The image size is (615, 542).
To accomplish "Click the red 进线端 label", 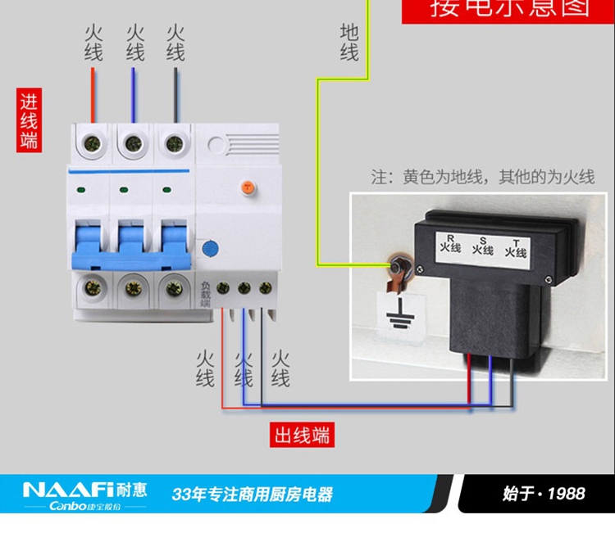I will [30, 120].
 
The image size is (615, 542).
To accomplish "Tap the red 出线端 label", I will [303, 435].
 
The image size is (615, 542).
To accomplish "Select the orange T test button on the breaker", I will [245, 187].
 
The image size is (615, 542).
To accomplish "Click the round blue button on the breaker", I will [210, 247].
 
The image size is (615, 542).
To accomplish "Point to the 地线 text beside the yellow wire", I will [349, 43].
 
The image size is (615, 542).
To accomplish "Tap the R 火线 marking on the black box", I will [450, 242].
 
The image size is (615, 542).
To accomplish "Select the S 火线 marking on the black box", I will [483, 246].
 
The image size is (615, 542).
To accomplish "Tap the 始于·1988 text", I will [544, 493].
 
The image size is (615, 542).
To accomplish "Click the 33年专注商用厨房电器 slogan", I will [252, 495].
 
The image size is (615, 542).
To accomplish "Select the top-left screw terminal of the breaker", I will [91, 144].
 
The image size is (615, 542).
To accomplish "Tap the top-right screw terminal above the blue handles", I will [173, 144].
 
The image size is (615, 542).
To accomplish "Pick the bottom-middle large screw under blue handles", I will [132, 287].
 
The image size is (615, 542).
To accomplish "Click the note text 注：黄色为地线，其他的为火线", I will [482, 177].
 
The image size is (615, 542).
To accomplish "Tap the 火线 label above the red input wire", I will [93, 43].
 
